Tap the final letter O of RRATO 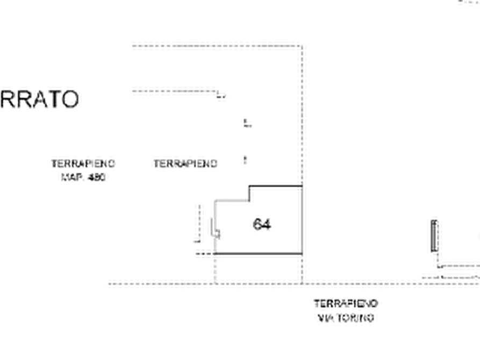[72, 99]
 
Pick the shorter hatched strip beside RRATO [173, 92]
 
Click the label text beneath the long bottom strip [347, 312]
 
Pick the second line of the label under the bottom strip [347, 319]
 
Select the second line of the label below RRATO [83, 175]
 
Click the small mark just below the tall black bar [440, 267]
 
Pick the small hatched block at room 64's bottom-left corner [203, 255]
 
